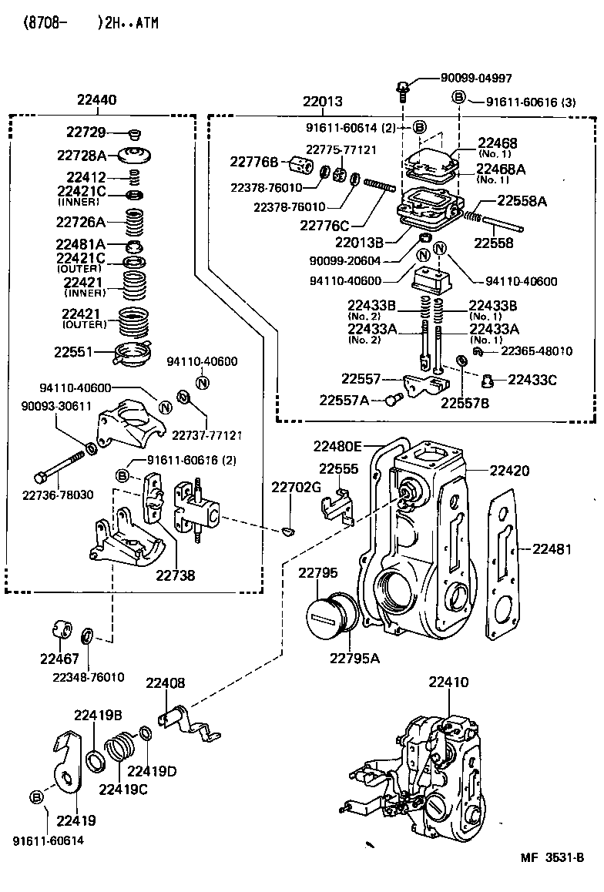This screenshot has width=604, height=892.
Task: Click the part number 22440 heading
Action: pos(97,99)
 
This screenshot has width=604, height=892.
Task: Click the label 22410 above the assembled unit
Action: pos(448,682)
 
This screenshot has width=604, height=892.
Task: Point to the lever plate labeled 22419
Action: pos(70,763)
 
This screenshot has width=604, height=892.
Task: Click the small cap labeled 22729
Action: pos(134,132)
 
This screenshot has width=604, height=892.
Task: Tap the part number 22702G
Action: pos(295,487)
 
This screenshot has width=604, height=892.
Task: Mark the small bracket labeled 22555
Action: pos(336,504)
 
